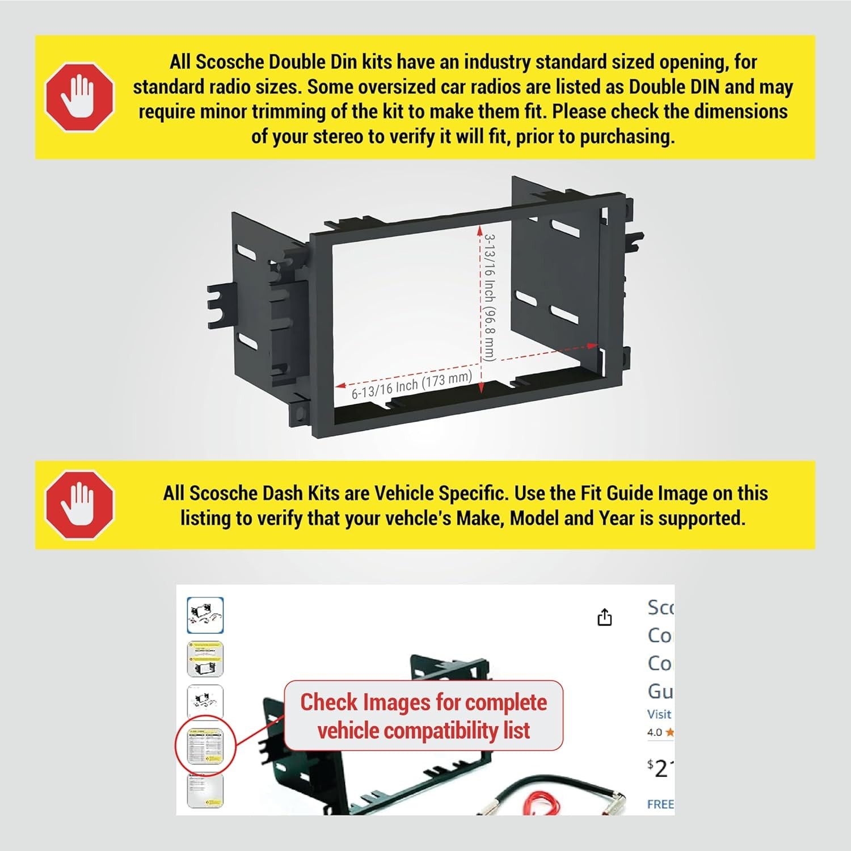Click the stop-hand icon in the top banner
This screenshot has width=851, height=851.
point(79,97)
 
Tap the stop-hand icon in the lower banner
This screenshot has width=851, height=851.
point(79,504)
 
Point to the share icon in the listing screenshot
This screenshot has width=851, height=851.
point(605,617)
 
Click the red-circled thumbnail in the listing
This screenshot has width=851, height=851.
point(205,748)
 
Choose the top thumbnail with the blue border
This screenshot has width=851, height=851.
point(205,616)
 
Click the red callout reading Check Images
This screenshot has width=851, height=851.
point(423,716)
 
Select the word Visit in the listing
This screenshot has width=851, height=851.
point(659,714)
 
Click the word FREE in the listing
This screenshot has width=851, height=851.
point(660,804)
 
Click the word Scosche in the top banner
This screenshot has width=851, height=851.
point(230,62)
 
